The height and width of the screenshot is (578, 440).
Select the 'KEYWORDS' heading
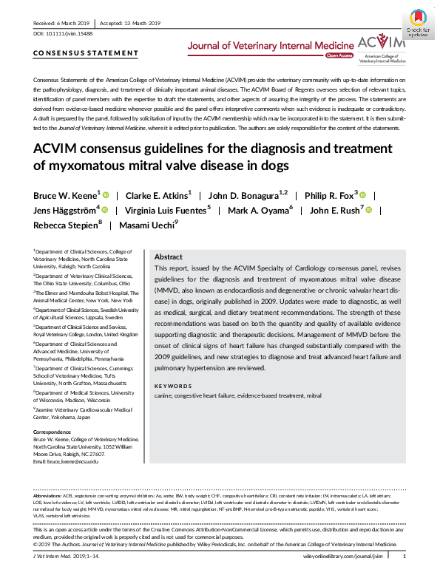(172, 385)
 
